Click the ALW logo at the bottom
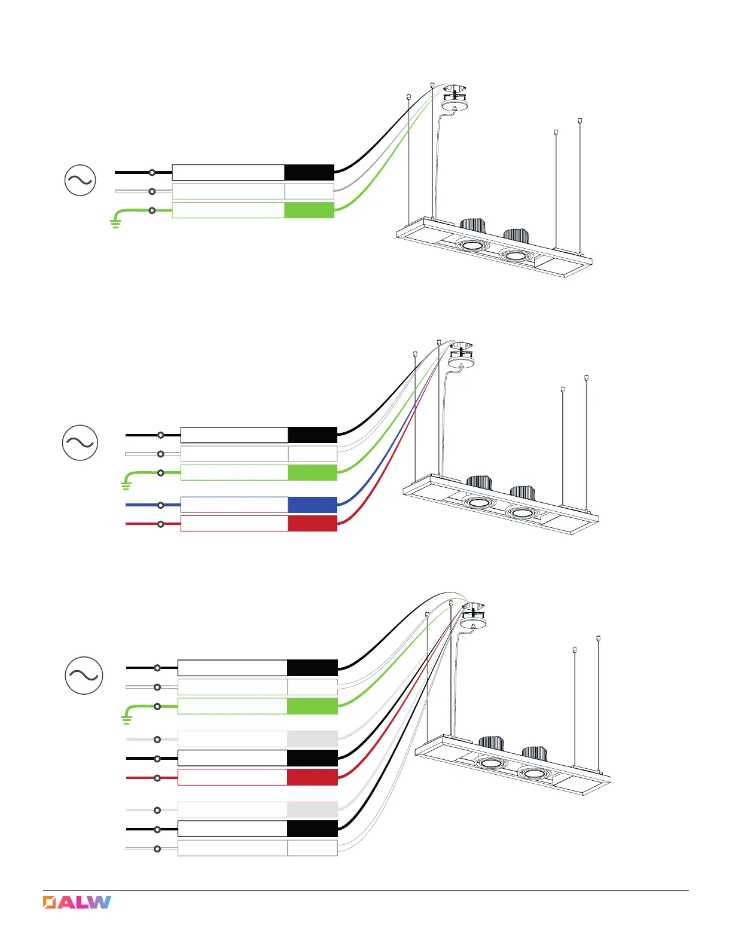click(77, 902)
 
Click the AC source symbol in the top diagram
click(80, 181)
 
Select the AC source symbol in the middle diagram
click(80, 442)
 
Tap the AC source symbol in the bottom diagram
click(84, 675)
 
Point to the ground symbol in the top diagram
click(115, 224)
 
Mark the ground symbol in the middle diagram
click(126, 485)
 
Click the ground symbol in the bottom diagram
click(126, 719)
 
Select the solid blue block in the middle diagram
click(312, 505)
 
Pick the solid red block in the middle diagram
click(312, 524)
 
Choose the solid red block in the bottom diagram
click(312, 777)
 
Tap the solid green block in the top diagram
click(309, 210)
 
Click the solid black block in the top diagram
click(309, 172)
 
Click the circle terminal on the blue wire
click(161, 505)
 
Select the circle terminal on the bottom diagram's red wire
click(157, 778)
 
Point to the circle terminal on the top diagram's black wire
click(152, 172)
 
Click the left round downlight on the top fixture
click(472, 245)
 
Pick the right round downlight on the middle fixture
click(521, 513)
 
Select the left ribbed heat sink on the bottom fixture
click(491, 743)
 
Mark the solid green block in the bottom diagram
click(312, 706)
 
